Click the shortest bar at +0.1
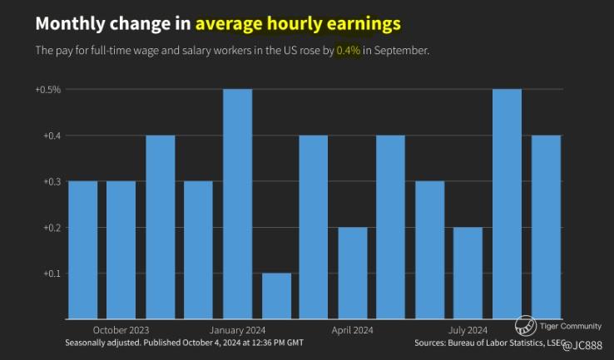(x=276, y=295)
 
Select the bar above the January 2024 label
(x=237, y=204)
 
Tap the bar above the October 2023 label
(x=121, y=249)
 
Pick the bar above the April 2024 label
(x=353, y=273)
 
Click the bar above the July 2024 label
(x=468, y=273)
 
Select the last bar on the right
(x=546, y=226)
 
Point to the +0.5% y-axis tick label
(x=47, y=89)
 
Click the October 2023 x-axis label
(x=121, y=329)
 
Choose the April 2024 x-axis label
(x=353, y=329)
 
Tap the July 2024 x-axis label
(x=468, y=329)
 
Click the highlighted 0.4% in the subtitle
(x=348, y=51)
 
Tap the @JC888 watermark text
(x=582, y=345)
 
